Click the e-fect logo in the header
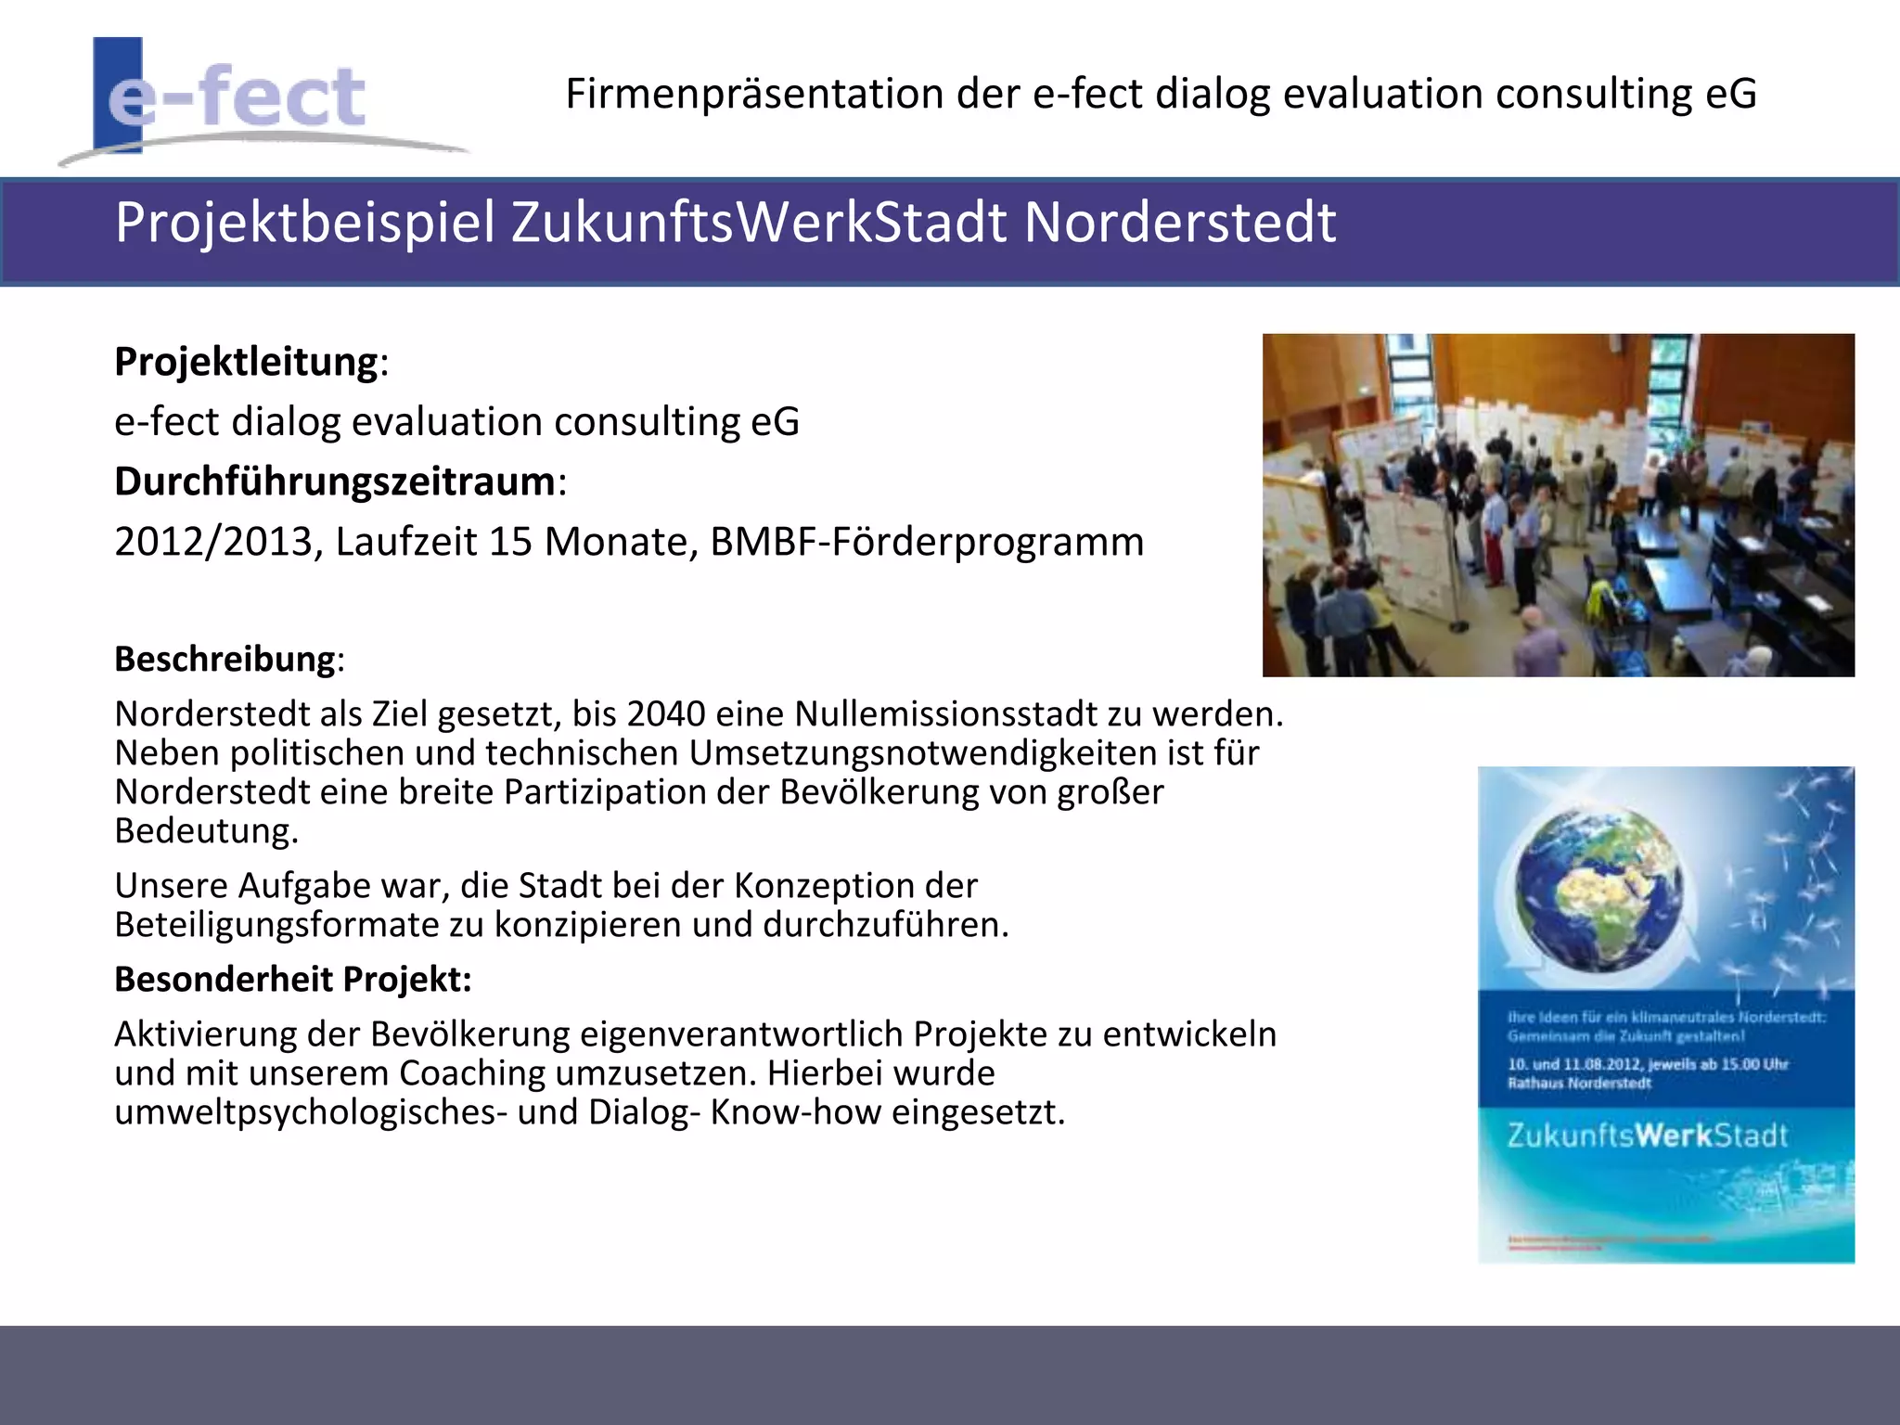point(237,97)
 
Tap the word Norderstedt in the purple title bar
point(1179,224)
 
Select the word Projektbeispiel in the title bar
point(305,224)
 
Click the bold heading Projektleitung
point(247,362)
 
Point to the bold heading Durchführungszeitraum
point(335,482)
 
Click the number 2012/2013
point(213,542)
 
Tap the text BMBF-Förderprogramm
point(927,542)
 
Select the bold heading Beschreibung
point(225,660)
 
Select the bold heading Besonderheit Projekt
point(292,980)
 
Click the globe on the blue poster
point(1598,889)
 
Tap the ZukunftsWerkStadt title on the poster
point(1646,1136)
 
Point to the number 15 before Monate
point(510,542)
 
